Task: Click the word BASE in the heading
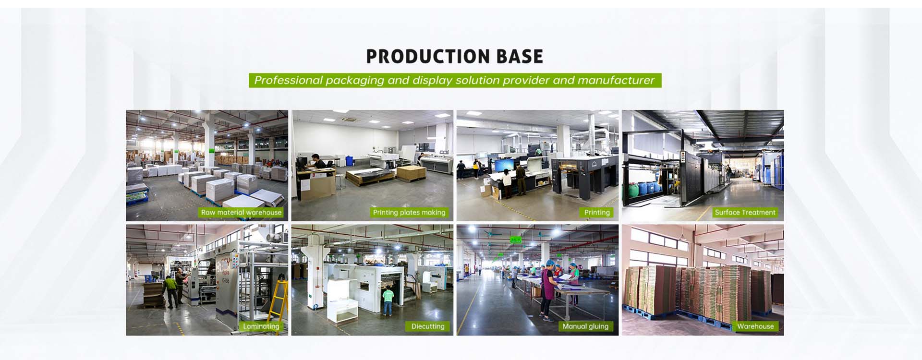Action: pos(520,57)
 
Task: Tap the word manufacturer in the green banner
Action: pos(616,80)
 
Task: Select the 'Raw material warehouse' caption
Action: pos(241,213)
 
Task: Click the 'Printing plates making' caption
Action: pos(409,213)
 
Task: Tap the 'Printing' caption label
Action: pos(597,213)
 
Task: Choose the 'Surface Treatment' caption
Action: pos(745,213)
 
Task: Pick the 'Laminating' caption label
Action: pos(261,326)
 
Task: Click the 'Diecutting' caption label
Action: pos(428,326)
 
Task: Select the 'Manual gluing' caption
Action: pos(585,326)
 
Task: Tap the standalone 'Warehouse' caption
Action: pos(755,326)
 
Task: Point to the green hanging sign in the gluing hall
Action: pos(515,239)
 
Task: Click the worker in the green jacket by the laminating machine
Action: pos(170,291)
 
